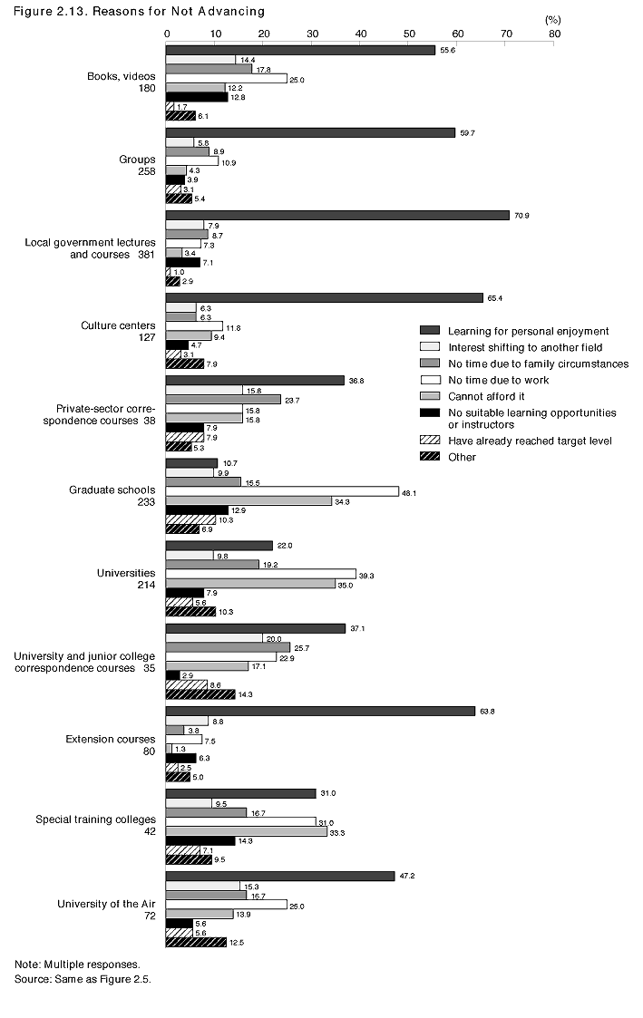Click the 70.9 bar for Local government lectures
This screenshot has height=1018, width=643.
pos(337,216)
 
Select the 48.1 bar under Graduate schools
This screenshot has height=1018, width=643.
pos(282,491)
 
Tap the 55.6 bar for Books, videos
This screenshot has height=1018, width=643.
pos(300,50)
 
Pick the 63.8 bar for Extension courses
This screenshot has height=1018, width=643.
pos(320,711)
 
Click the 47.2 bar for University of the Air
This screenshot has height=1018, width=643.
pos(280,876)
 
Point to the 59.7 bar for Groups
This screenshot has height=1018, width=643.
pos(310,133)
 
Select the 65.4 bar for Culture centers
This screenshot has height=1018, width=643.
pos(324,297)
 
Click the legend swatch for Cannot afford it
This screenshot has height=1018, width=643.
pos(430,396)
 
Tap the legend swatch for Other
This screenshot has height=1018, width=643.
pos(430,457)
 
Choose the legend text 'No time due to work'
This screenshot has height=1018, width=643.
pos(498,380)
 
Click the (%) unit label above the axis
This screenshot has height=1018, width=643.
pos(552,18)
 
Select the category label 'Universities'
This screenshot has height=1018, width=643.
pos(126,573)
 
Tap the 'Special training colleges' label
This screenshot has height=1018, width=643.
pos(95,819)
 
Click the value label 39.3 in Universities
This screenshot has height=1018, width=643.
pos(369,574)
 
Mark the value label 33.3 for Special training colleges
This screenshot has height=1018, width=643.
pos(340,830)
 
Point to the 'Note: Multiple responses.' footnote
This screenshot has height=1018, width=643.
pos(77,964)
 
